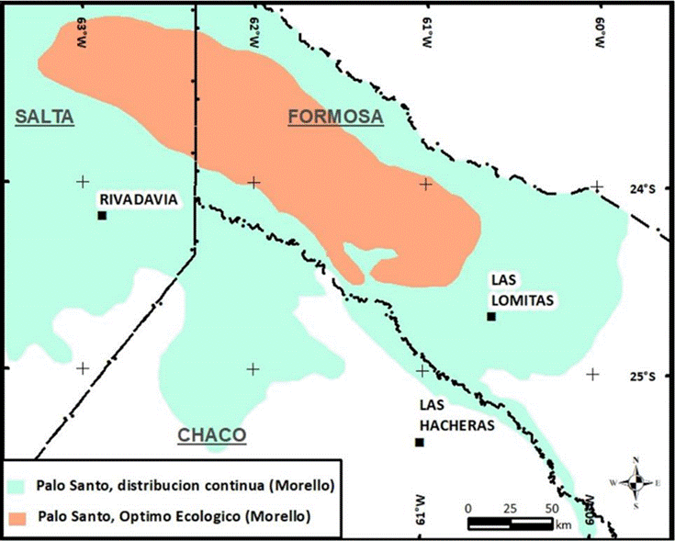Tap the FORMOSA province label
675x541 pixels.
point(335,117)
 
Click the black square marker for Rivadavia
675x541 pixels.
point(102,216)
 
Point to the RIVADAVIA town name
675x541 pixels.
point(138,199)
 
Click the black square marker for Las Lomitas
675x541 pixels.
point(491,317)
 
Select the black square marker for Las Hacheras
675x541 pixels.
point(420,443)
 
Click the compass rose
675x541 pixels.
point(636,480)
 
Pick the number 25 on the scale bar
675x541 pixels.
point(511,507)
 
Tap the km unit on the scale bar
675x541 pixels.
point(561,524)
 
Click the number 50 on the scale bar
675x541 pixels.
point(552,507)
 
